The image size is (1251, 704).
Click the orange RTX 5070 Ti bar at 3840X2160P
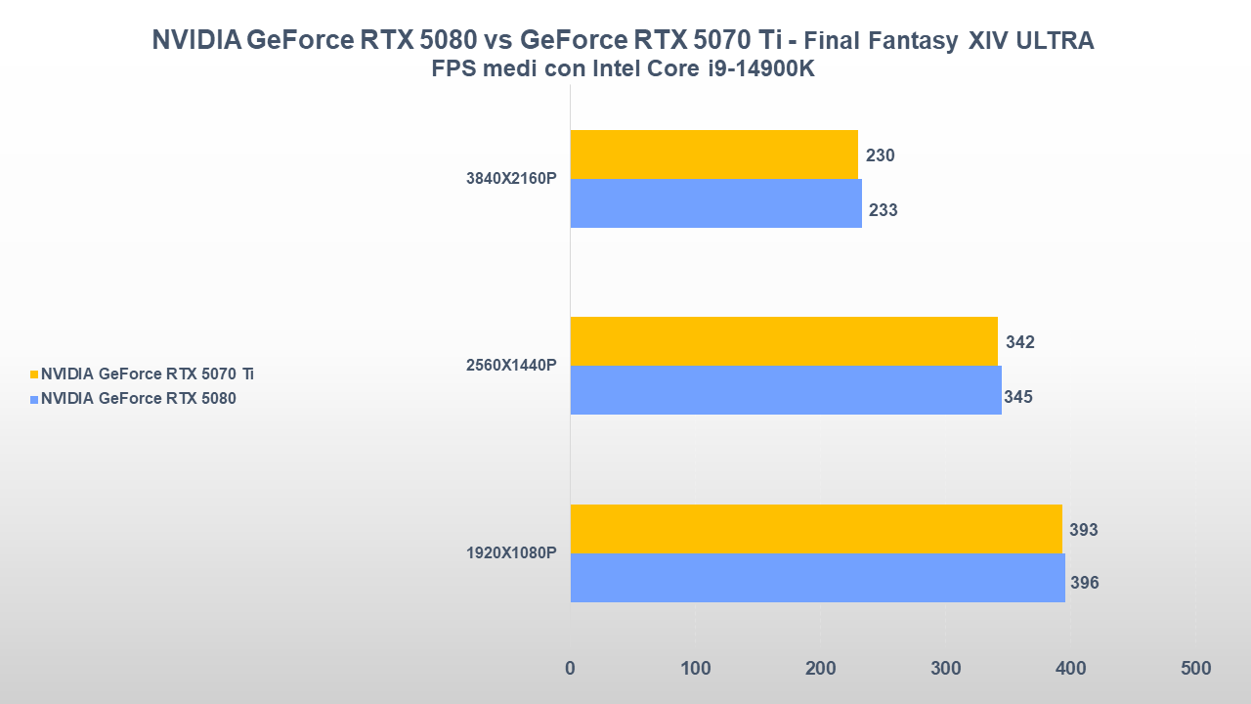tap(713, 154)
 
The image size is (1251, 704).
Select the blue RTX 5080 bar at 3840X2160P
tap(715, 203)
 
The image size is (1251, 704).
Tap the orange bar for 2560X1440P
tap(784, 341)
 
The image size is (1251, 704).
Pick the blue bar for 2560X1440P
tap(786, 390)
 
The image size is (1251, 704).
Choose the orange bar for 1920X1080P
tap(816, 529)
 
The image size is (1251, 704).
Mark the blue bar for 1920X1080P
tap(817, 578)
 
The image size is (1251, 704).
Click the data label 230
tap(880, 155)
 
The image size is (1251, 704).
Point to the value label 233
tap(883, 210)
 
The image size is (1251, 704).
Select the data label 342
tap(1019, 342)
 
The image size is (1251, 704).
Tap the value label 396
tap(1084, 584)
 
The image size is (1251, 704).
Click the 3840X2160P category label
tap(511, 179)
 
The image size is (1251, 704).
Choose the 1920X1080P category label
tap(511, 553)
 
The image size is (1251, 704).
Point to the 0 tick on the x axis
tap(570, 669)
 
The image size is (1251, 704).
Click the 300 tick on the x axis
tap(945, 669)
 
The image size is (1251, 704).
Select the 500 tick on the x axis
tap(1195, 669)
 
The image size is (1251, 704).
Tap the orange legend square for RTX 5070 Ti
tap(34, 374)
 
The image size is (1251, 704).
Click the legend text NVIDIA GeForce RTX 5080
tap(138, 399)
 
